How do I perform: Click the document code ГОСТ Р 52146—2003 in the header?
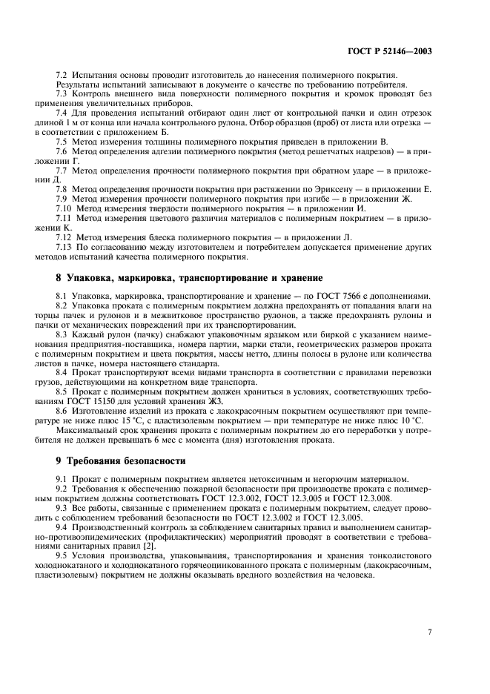389,53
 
